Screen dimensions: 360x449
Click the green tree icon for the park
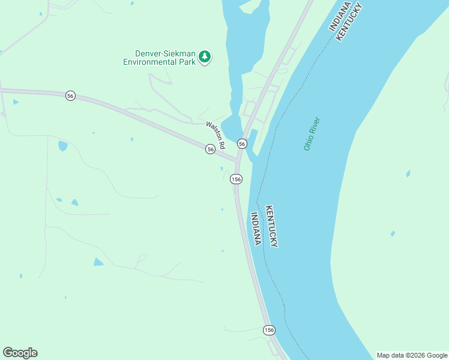[x=205, y=57]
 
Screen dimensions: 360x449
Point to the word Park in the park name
[x=187, y=61]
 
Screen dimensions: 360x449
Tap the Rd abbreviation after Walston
[x=221, y=145]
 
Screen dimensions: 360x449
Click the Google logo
[x=20, y=353]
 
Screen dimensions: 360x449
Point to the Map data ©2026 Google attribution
[x=412, y=355]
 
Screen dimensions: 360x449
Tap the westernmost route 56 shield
[x=70, y=96]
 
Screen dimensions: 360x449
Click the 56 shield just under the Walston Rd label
[x=210, y=149]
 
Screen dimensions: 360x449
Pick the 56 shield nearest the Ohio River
[x=242, y=143]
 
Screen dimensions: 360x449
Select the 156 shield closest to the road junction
[x=237, y=179]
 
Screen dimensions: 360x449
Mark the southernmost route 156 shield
[x=269, y=330]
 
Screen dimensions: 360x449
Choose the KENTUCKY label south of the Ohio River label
[x=272, y=226]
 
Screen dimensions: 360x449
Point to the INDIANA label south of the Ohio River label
[x=256, y=229]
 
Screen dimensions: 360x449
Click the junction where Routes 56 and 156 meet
[x=237, y=161]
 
